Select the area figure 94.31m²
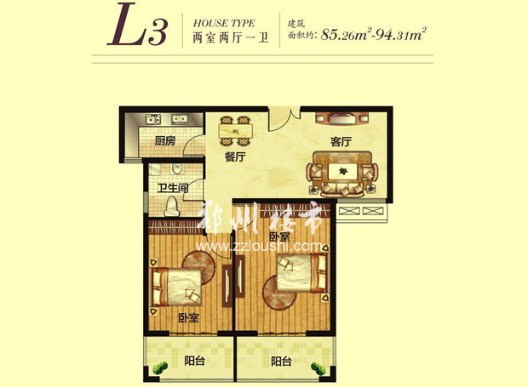399,37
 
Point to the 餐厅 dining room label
235,157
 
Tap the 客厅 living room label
341,142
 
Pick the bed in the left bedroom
175,287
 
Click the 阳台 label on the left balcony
194,361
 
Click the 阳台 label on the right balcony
282,361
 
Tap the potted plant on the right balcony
318,367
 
